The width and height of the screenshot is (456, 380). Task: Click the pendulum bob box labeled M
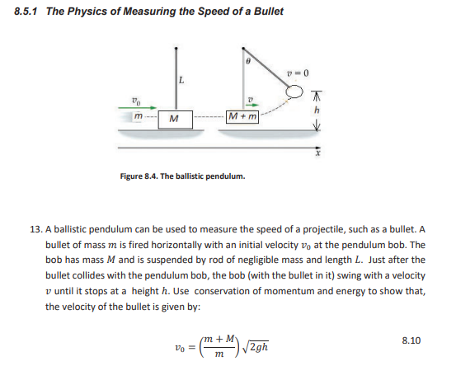click(x=173, y=119)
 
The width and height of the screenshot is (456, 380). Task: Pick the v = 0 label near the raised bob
click(x=299, y=73)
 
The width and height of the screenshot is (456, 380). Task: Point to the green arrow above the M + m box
click(x=252, y=105)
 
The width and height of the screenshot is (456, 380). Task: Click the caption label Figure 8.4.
click(x=144, y=176)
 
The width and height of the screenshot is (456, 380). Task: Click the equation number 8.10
click(x=410, y=339)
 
